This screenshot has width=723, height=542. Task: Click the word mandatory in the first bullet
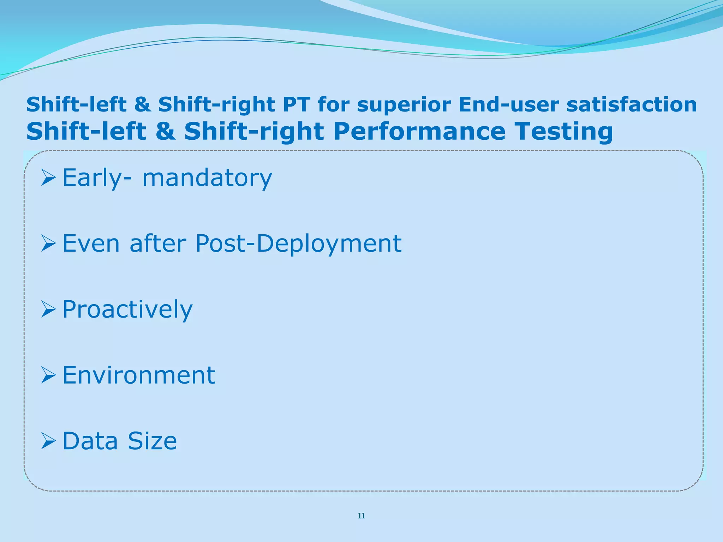tap(207, 177)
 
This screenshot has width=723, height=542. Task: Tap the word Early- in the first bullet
tap(97, 177)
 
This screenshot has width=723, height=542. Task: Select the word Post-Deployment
tap(298, 243)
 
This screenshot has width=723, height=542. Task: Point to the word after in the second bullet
tap(157, 243)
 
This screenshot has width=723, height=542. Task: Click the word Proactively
tap(127, 309)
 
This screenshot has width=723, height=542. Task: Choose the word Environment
tap(139, 375)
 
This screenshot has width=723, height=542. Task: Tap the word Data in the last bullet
tap(90, 441)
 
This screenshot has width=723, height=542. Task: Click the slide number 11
tap(361, 516)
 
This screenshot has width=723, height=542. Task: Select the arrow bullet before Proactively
tap(48, 309)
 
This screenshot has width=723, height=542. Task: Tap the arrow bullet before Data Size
tap(48, 441)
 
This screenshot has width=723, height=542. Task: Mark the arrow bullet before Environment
tap(48, 375)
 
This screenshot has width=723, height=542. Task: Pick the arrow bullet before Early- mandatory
tap(48, 177)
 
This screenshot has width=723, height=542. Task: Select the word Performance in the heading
tap(419, 131)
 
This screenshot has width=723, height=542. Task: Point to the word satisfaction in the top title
tap(632, 105)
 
